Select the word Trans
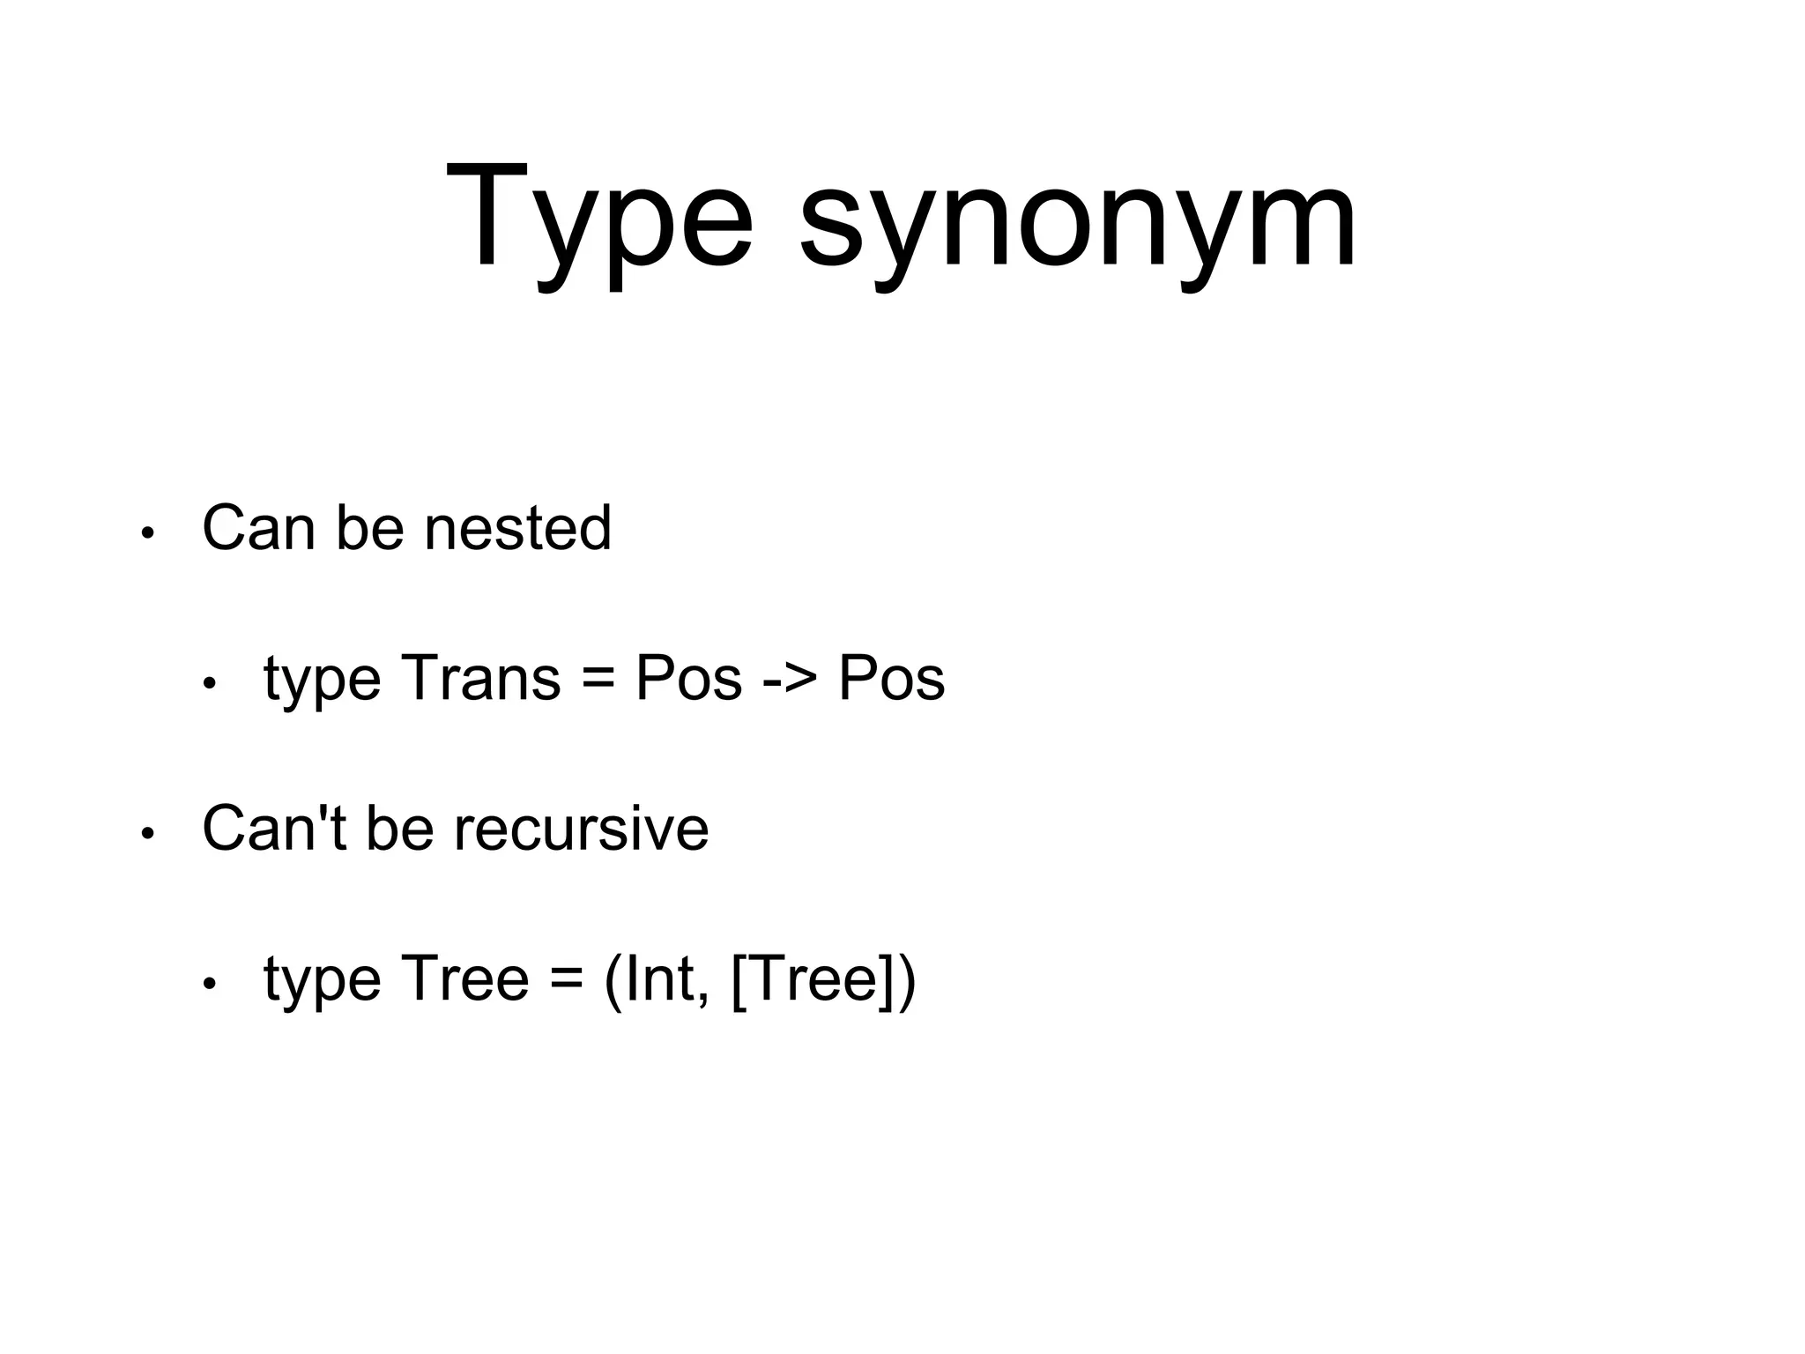(480, 679)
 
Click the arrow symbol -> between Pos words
(790, 679)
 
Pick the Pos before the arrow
(688, 679)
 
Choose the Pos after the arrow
(891, 679)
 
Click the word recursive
(581, 829)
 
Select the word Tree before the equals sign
(464, 979)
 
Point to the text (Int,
(657, 979)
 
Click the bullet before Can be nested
(148, 533)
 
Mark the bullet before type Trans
(209, 684)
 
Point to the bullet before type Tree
(209, 985)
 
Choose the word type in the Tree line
(322, 981)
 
